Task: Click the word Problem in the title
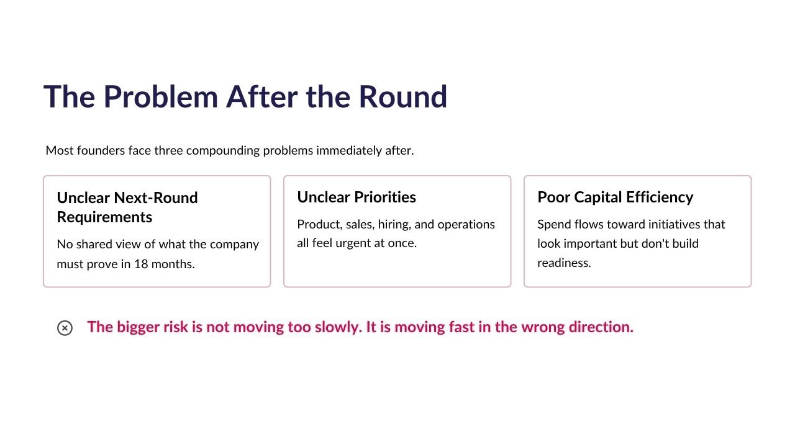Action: [x=161, y=97]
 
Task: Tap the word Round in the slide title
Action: [x=403, y=97]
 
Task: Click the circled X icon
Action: [x=65, y=328]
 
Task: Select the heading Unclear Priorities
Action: [x=357, y=197]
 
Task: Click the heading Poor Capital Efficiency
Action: [x=615, y=197]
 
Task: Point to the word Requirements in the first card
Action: [x=104, y=217]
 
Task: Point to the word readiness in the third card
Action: [x=564, y=263]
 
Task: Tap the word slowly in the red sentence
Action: [x=338, y=327]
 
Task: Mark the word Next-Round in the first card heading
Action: [x=155, y=198]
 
